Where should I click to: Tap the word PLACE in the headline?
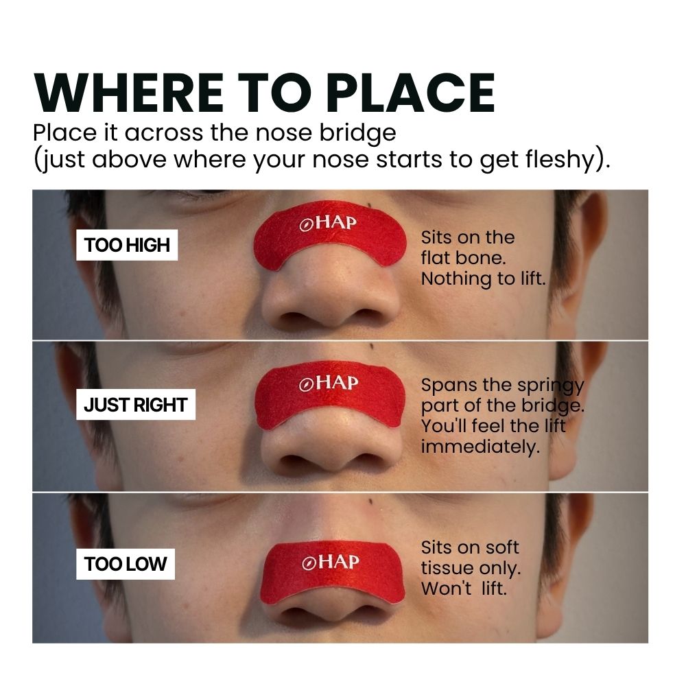point(411,93)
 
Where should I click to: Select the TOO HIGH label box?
point(127,245)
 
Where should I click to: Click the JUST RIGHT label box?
point(136,405)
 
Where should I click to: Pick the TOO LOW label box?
point(126,564)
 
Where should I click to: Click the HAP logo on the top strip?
point(328,223)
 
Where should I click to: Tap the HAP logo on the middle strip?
point(329,383)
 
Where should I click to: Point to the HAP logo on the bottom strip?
point(331,562)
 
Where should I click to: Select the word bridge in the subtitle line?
point(358,133)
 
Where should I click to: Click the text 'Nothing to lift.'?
point(484,279)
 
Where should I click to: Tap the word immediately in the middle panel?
point(480,447)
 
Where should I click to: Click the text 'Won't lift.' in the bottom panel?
point(464,589)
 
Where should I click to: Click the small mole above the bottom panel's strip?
point(371,501)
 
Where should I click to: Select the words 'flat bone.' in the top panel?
point(463,258)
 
